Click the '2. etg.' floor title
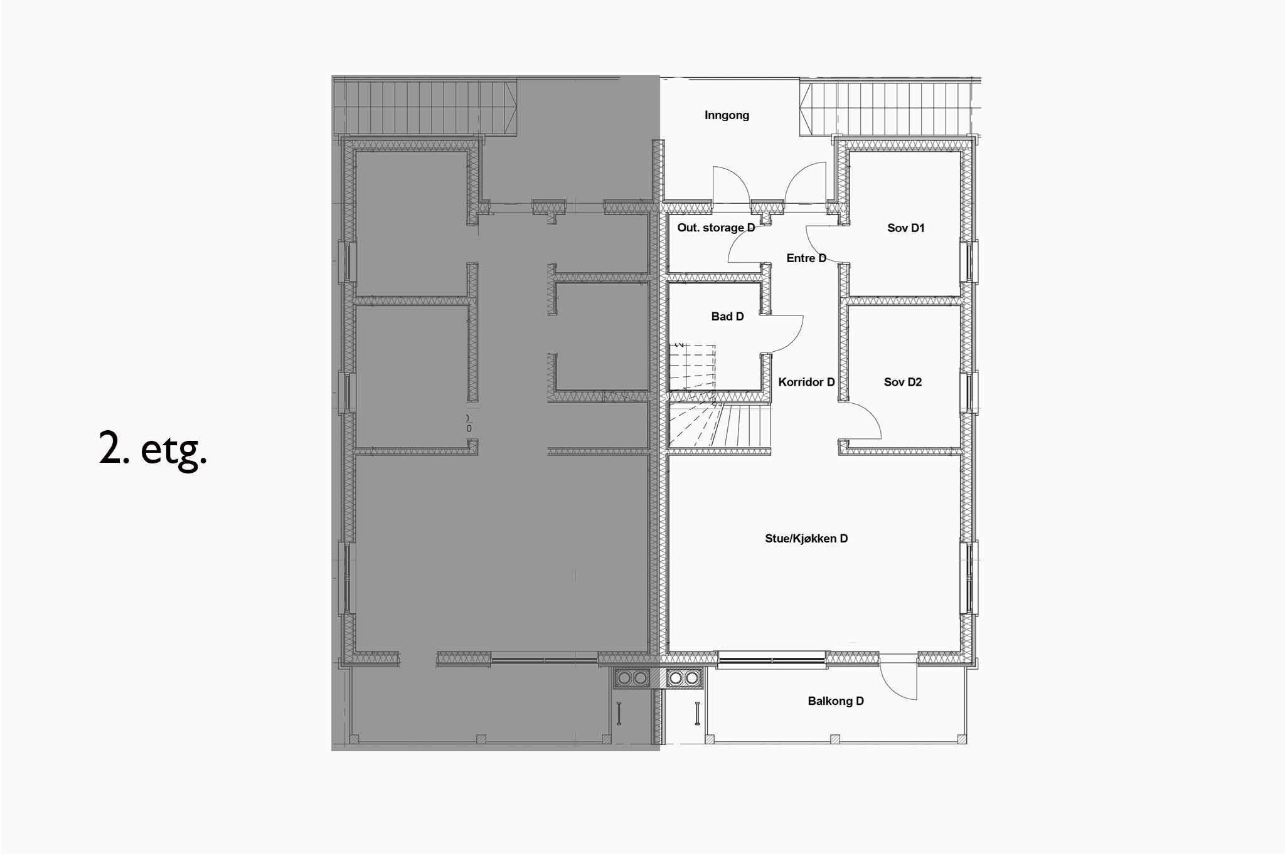tap(153, 449)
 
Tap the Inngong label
tap(727, 115)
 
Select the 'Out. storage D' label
tap(716, 228)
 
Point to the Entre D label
tap(806, 258)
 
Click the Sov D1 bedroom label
tap(905, 228)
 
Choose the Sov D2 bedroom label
tap(903, 382)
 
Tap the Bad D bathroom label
tap(727, 317)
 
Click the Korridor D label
tap(806, 382)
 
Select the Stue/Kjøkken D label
tap(806, 538)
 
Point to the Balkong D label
tap(836, 701)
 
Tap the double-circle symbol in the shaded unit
tap(632, 678)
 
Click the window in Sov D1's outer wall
tap(968, 261)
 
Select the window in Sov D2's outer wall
tap(968, 393)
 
